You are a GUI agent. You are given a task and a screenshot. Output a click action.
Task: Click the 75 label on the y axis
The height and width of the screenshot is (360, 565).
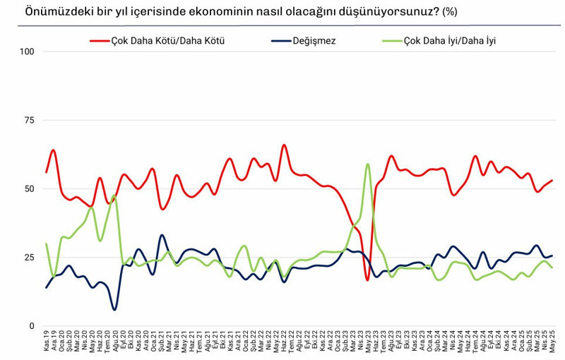[x=30, y=121]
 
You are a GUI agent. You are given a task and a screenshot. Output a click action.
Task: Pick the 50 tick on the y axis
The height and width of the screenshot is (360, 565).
[x=30, y=189]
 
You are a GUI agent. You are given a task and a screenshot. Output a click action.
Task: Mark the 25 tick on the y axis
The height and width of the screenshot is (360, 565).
[x=30, y=258]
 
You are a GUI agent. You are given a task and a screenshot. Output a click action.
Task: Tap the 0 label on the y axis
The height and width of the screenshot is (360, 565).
[x=32, y=326]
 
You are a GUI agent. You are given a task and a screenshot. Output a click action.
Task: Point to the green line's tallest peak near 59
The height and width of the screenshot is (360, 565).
[x=368, y=164]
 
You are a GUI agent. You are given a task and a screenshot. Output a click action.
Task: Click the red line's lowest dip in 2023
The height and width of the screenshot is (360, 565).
[x=367, y=280]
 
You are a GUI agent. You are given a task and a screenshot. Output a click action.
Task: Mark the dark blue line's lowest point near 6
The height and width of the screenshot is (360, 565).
[x=114, y=309]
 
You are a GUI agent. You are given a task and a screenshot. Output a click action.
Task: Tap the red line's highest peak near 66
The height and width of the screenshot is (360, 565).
[x=284, y=145]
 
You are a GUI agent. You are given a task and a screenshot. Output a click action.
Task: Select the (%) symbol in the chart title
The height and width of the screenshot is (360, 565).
[x=450, y=12]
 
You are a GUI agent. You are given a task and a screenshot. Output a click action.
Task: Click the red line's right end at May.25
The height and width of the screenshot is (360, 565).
[x=552, y=181]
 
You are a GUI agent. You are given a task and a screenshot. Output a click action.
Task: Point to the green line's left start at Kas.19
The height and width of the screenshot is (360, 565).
[x=47, y=244]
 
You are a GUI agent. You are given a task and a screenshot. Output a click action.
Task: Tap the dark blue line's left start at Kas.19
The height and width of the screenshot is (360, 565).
[x=47, y=287]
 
